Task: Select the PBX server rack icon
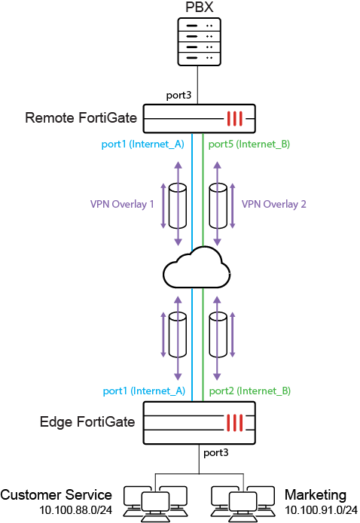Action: [197, 42]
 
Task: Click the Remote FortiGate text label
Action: [81, 117]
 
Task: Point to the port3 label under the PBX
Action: [178, 96]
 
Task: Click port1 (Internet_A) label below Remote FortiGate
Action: [142, 143]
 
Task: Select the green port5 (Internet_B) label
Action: [249, 143]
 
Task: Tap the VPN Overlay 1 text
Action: [122, 204]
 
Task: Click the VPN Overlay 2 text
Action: [274, 204]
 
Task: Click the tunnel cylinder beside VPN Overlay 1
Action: [178, 205]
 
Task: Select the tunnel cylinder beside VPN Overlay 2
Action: [218, 205]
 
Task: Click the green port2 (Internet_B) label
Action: [249, 391]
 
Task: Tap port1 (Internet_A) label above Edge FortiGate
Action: [142, 391]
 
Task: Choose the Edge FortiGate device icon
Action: [198, 421]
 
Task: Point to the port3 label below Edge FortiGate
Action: [216, 453]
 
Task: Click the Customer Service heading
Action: [56, 495]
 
